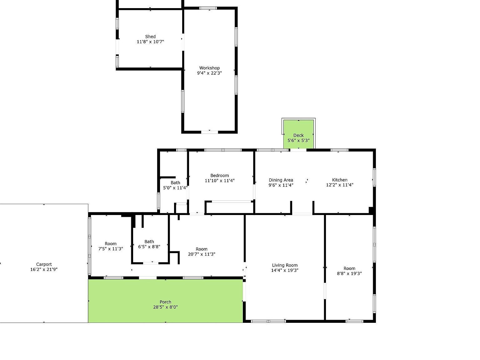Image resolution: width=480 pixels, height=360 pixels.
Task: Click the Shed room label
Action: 150,37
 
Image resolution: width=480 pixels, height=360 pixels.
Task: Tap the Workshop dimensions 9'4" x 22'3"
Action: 209,73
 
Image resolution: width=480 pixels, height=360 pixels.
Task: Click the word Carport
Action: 44,264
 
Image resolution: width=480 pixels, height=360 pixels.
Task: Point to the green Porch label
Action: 165,302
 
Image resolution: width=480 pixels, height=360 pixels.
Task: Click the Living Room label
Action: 285,265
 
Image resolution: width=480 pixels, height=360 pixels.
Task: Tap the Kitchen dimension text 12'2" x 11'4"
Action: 340,185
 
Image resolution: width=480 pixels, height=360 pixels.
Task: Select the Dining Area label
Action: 281,180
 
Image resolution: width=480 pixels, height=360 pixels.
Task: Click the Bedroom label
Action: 219,176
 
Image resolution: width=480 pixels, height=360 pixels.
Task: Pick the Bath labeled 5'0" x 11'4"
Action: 175,183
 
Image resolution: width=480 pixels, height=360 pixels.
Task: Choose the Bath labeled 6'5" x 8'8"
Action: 149,242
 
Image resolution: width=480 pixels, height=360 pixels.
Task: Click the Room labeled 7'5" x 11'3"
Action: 111,244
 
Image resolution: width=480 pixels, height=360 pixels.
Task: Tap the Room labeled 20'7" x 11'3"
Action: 202,249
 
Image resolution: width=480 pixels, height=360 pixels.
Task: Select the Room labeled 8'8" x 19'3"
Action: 349,268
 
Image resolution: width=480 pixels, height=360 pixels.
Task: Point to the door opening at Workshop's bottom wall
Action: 209,132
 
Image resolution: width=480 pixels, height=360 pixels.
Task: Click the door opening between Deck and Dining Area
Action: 298,150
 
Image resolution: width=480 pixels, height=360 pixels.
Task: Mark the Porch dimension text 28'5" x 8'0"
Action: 165,307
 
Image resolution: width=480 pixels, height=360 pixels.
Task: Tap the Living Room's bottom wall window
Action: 268,321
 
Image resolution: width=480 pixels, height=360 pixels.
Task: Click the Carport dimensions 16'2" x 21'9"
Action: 44,269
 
